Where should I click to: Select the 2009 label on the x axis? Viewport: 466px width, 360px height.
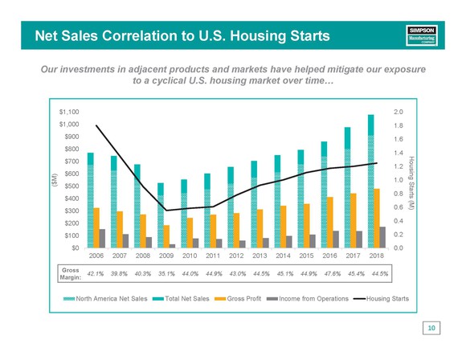[x=166, y=256]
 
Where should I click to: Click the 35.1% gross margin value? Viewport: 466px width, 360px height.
[x=166, y=273]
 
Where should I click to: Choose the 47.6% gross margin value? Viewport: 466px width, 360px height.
[x=329, y=273]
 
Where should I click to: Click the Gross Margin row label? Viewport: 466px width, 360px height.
[x=70, y=273]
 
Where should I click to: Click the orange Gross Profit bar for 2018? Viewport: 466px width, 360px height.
[x=377, y=218]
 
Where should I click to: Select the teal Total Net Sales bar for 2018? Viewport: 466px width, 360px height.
[x=371, y=181]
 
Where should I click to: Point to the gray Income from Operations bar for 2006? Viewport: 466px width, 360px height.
[x=102, y=238]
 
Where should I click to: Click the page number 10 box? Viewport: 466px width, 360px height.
[x=431, y=328]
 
